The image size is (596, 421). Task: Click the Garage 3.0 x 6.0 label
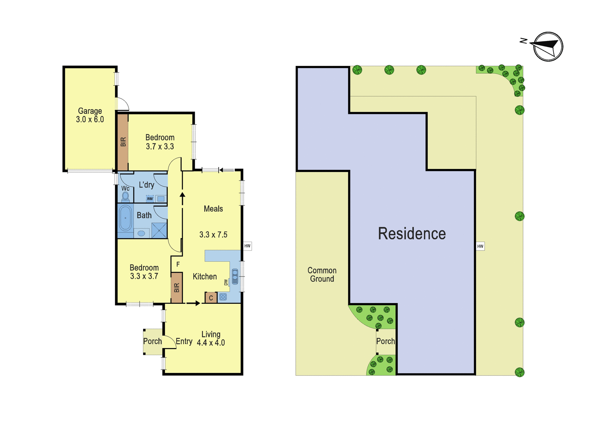(90, 115)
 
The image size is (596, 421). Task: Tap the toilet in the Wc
(125, 197)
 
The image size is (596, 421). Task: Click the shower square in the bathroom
(159, 230)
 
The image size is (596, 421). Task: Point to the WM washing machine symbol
(150, 199)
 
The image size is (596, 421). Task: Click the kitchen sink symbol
(235, 277)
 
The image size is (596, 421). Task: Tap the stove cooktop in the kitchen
(223, 297)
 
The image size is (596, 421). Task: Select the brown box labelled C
(211, 297)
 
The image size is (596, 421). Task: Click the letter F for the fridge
(178, 264)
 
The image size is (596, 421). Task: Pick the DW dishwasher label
(226, 282)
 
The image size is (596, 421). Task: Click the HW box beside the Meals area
(247, 246)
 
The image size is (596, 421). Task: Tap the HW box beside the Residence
(480, 246)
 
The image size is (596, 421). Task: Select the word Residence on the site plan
(412, 234)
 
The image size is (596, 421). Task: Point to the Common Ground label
(322, 275)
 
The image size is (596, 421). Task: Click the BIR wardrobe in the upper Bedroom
(123, 142)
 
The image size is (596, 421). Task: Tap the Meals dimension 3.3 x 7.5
(213, 235)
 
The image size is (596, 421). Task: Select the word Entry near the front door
(184, 341)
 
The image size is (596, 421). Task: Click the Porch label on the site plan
(386, 341)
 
